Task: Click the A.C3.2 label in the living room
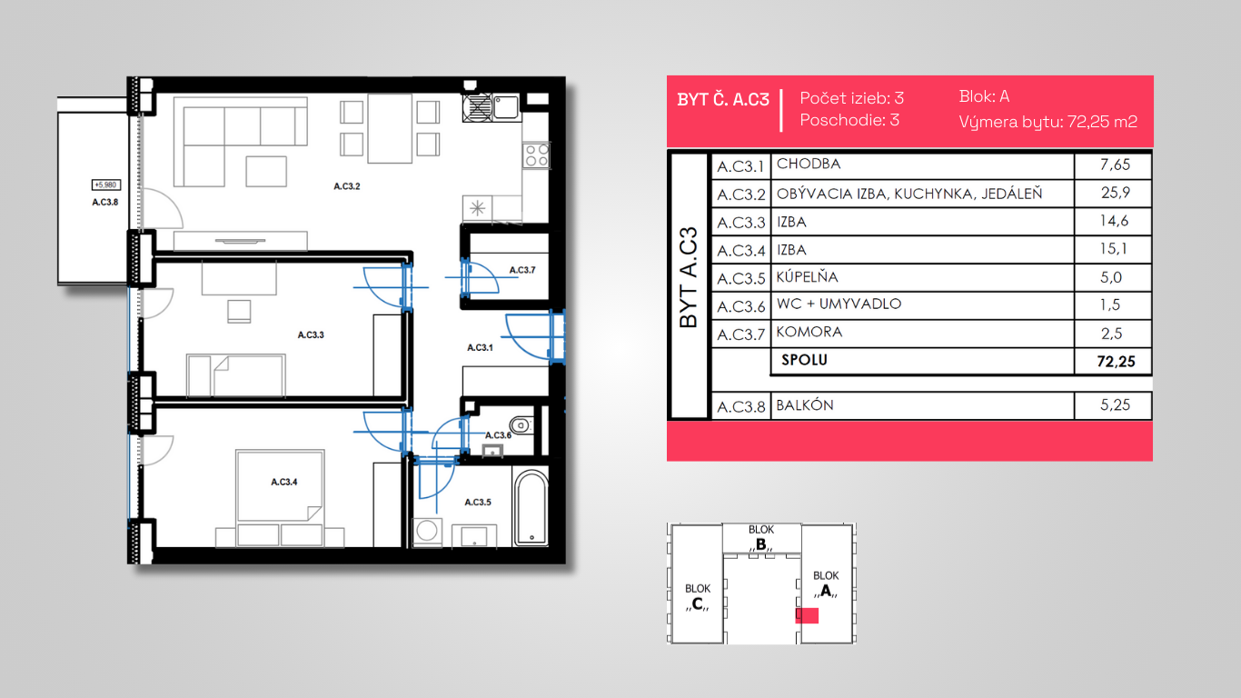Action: (x=347, y=186)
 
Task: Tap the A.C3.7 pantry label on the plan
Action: (x=522, y=270)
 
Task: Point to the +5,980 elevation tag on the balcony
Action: (x=105, y=184)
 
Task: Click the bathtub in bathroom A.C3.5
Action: (x=531, y=508)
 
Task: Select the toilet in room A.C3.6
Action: (x=521, y=425)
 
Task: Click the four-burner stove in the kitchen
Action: (x=536, y=155)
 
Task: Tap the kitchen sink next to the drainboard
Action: (x=506, y=106)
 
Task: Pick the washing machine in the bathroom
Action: (x=427, y=532)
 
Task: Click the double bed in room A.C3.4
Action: (x=280, y=498)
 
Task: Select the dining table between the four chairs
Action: (x=390, y=128)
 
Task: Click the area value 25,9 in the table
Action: (x=1115, y=193)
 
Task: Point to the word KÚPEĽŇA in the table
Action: (x=807, y=276)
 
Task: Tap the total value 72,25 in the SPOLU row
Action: (x=1116, y=362)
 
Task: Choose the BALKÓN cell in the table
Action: (x=804, y=405)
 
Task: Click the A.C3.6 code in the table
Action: (x=740, y=306)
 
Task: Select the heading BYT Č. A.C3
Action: (x=723, y=100)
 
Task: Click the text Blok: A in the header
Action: (x=984, y=96)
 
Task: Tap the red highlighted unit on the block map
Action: (x=807, y=615)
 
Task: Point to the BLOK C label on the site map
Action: (x=698, y=596)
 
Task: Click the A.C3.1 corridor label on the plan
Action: (x=480, y=347)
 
